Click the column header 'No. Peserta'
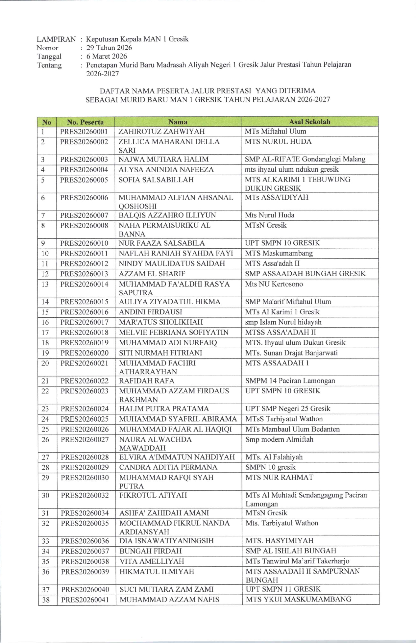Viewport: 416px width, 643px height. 85,122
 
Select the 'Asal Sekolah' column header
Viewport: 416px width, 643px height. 309,122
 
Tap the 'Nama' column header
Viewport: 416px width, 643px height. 178,122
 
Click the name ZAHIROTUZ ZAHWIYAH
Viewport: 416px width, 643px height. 161,132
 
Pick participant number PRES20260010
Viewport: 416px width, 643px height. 84,243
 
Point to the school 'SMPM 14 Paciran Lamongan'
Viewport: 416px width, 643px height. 290,381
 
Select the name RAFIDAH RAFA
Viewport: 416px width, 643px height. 147,381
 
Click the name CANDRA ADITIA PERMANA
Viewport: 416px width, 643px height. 168,467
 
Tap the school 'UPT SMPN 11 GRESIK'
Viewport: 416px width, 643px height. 283,589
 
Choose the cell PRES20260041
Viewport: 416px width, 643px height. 85,600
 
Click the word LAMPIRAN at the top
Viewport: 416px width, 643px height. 56,39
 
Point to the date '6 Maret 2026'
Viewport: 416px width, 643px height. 107,56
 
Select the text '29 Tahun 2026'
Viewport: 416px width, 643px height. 109,48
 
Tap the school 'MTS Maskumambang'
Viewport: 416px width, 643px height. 279,253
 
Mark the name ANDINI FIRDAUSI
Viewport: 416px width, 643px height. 150,312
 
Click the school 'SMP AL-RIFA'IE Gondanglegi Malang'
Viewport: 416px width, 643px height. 305,159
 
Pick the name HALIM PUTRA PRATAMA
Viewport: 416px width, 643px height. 164,408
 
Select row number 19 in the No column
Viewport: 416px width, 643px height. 45,353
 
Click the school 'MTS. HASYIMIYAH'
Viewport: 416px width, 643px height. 280,541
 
